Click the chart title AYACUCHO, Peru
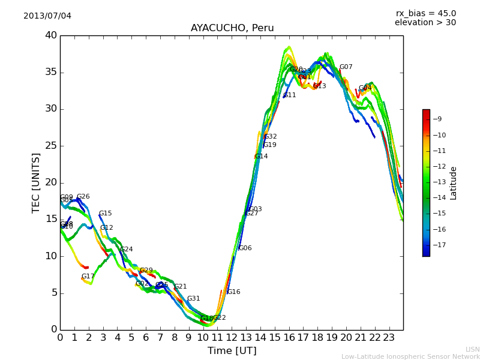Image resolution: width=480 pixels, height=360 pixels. (232, 28)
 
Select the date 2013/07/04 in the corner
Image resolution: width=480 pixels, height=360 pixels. (47, 16)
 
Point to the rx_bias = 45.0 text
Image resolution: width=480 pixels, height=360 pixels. (426, 13)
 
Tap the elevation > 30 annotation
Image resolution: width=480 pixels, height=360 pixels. (425, 23)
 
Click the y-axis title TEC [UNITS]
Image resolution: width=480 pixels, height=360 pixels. (37, 182)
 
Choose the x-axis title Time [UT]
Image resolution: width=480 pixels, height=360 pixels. (232, 351)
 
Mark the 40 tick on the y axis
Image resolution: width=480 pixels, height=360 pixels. (51, 35)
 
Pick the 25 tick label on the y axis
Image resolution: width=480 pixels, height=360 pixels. (51, 146)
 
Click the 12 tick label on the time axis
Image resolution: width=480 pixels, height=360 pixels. (232, 337)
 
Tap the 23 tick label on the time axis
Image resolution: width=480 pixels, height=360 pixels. (389, 337)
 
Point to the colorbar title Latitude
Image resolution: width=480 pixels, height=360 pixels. (454, 183)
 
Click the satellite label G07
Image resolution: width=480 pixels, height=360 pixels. (346, 67)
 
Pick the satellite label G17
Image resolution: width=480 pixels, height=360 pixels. (88, 277)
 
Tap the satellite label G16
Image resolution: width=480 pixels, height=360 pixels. (233, 292)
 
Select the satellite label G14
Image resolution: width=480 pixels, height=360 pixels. (262, 157)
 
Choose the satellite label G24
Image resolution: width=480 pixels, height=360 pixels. (127, 250)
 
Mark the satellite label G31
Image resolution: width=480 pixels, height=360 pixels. (194, 299)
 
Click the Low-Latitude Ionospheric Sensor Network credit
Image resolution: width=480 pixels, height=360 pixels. (410, 357)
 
